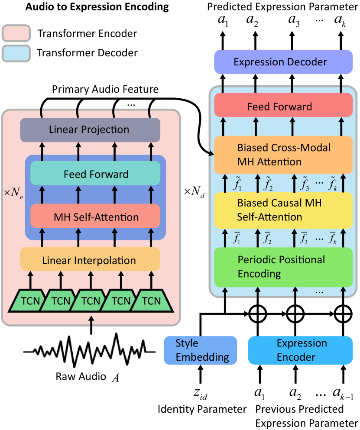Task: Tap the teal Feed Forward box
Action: (95, 175)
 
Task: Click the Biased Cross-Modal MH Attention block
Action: (283, 155)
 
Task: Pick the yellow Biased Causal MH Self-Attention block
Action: (283, 210)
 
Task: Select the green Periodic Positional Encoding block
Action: (283, 267)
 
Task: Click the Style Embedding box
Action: (201, 350)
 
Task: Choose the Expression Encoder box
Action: (300, 350)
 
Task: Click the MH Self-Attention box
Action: (95, 217)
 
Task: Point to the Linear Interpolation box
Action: (90, 260)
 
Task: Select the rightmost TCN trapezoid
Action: (151, 301)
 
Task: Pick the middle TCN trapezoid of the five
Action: (90, 301)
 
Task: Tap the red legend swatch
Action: (16, 33)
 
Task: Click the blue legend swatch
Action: (16, 53)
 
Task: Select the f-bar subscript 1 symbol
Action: (237, 238)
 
